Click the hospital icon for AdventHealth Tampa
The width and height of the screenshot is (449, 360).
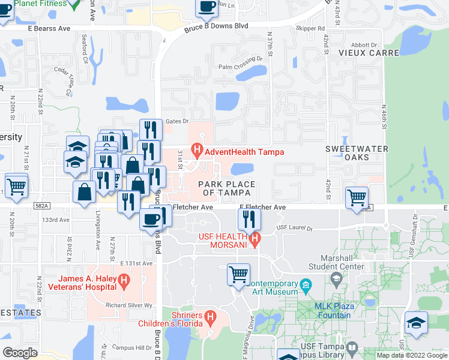196,149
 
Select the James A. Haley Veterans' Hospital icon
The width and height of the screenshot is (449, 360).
124,279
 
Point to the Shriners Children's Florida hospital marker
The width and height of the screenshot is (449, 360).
209,316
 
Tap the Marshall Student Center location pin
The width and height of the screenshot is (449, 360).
336,277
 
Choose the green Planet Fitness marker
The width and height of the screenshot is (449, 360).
73,5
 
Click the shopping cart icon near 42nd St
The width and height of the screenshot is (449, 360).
357,197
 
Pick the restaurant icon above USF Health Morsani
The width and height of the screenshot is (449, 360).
249,220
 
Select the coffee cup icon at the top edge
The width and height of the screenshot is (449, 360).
207,7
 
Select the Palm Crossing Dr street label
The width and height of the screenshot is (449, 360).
241,58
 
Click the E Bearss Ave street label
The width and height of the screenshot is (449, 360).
49,28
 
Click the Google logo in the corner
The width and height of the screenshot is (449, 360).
20,353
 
